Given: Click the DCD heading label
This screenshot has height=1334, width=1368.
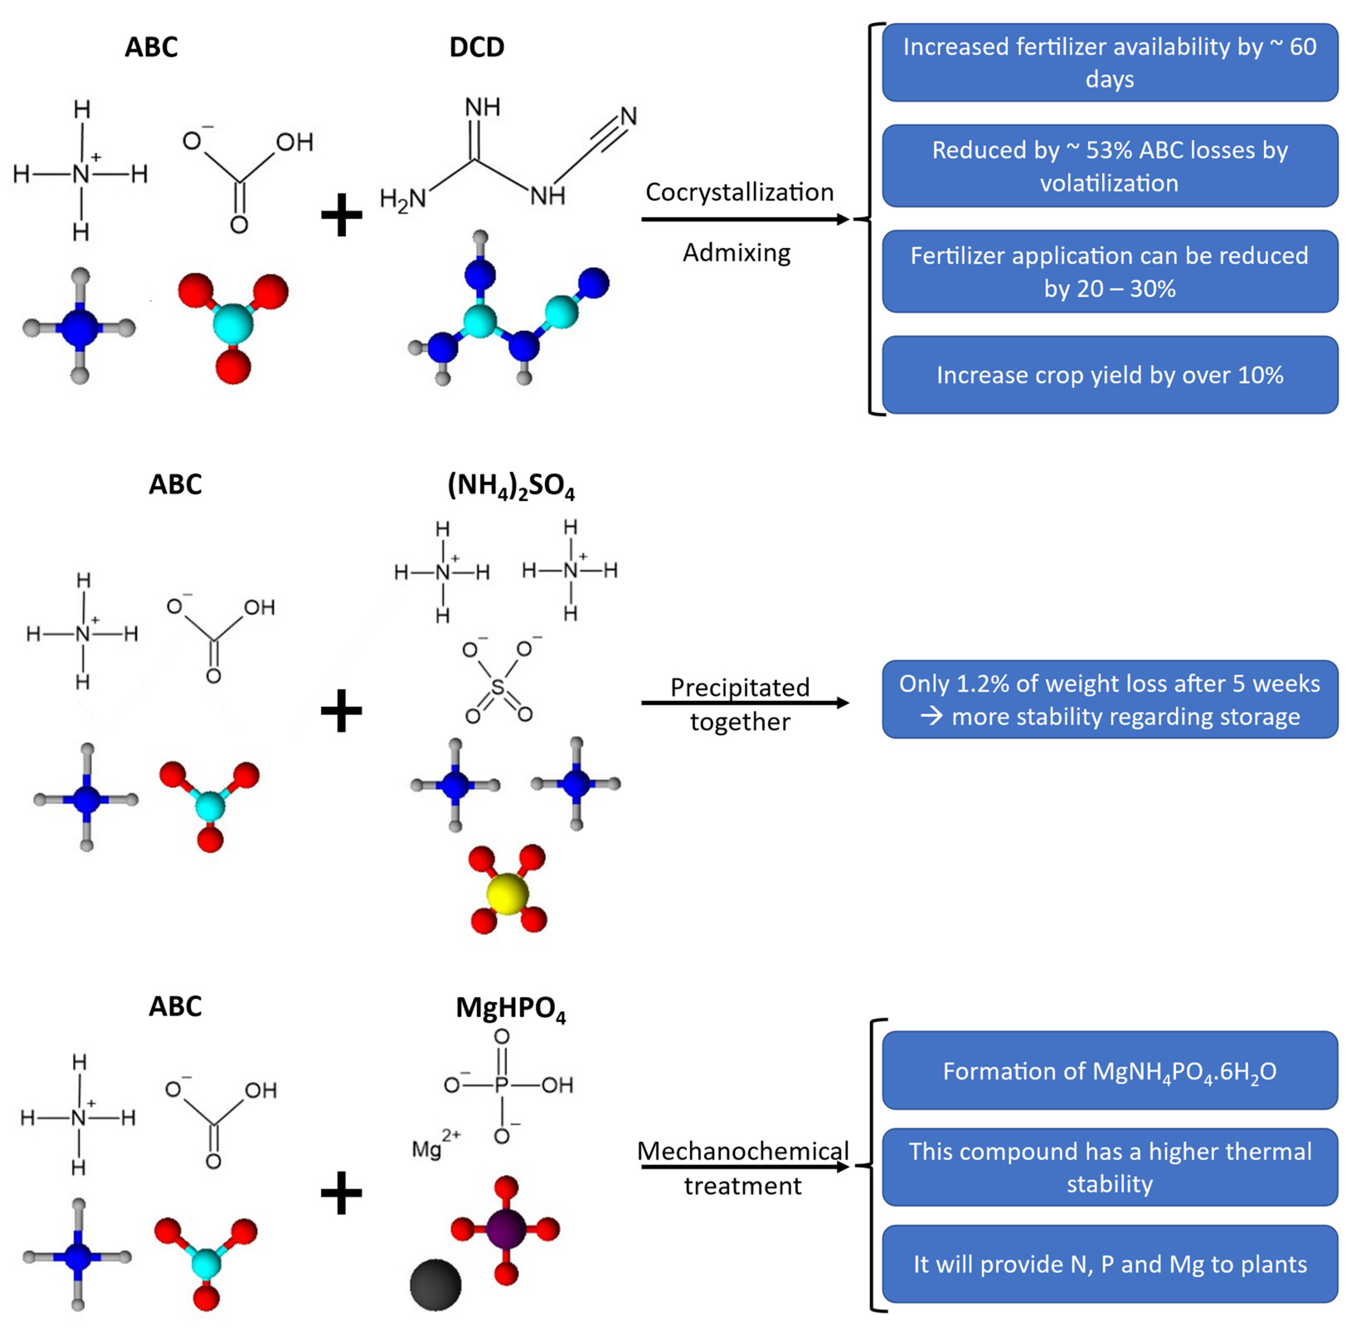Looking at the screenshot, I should point(476,47).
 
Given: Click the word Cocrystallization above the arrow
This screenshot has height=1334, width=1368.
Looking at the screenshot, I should point(739,192).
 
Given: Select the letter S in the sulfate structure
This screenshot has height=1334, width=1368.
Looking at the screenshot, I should point(497,687).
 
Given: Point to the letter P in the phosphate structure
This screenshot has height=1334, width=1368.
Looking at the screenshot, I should point(501,1085).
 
